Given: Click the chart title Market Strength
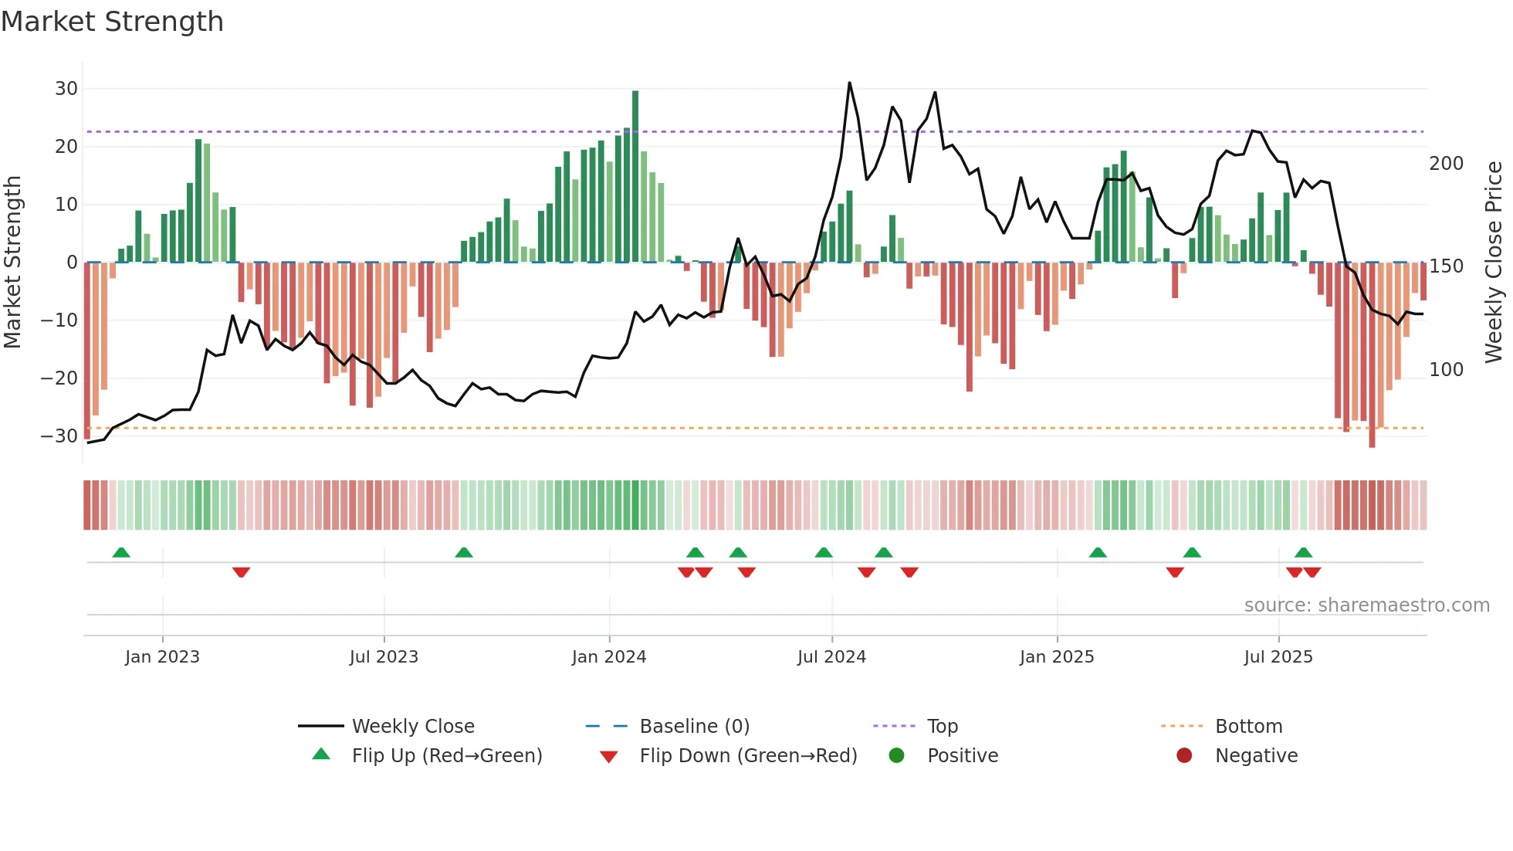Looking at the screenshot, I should pyautogui.click(x=112, y=22).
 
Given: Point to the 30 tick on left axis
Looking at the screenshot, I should pyautogui.click(x=66, y=89).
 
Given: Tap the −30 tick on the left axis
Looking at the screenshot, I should pyautogui.click(x=60, y=436).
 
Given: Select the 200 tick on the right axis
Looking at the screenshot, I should pyautogui.click(x=1446, y=164).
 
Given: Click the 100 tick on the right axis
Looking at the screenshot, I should pyautogui.click(x=1446, y=370).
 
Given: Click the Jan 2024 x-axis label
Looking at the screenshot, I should pyautogui.click(x=609, y=657).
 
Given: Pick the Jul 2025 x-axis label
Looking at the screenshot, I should pyautogui.click(x=1278, y=657).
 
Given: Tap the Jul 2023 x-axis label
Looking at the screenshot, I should pyautogui.click(x=384, y=657).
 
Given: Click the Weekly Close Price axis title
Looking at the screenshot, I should pyautogui.click(x=1494, y=263).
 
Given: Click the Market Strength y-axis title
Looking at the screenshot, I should pyautogui.click(x=13, y=263).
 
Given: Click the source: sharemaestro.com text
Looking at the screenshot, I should pyautogui.click(x=1366, y=605).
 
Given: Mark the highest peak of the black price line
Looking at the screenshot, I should pyautogui.click(x=849, y=83).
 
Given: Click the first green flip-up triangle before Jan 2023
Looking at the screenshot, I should pyautogui.click(x=121, y=552).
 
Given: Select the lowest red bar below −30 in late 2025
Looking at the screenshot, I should pyautogui.click(x=1372, y=444).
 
